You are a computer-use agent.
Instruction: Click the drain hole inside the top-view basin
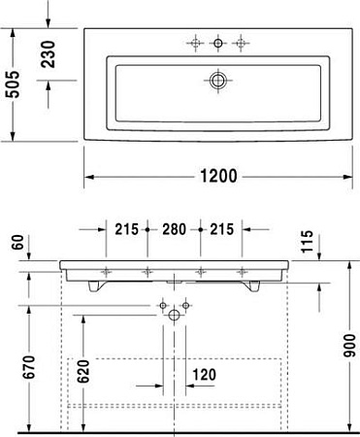click(x=218, y=80)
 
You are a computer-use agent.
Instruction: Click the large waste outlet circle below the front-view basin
click(x=176, y=315)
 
